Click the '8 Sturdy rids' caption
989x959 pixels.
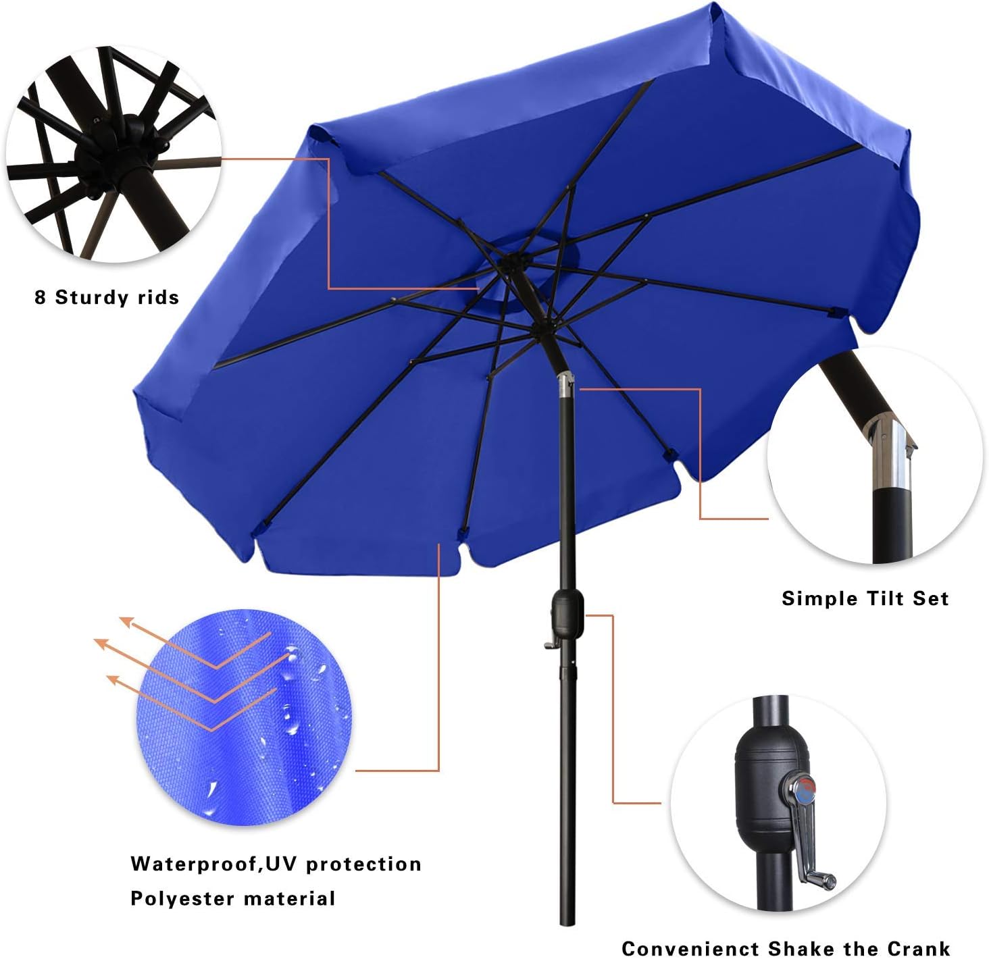[107, 297]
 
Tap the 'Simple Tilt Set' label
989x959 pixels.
[865, 598]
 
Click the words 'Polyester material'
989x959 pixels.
[232, 898]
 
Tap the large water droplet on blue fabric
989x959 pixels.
[293, 655]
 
